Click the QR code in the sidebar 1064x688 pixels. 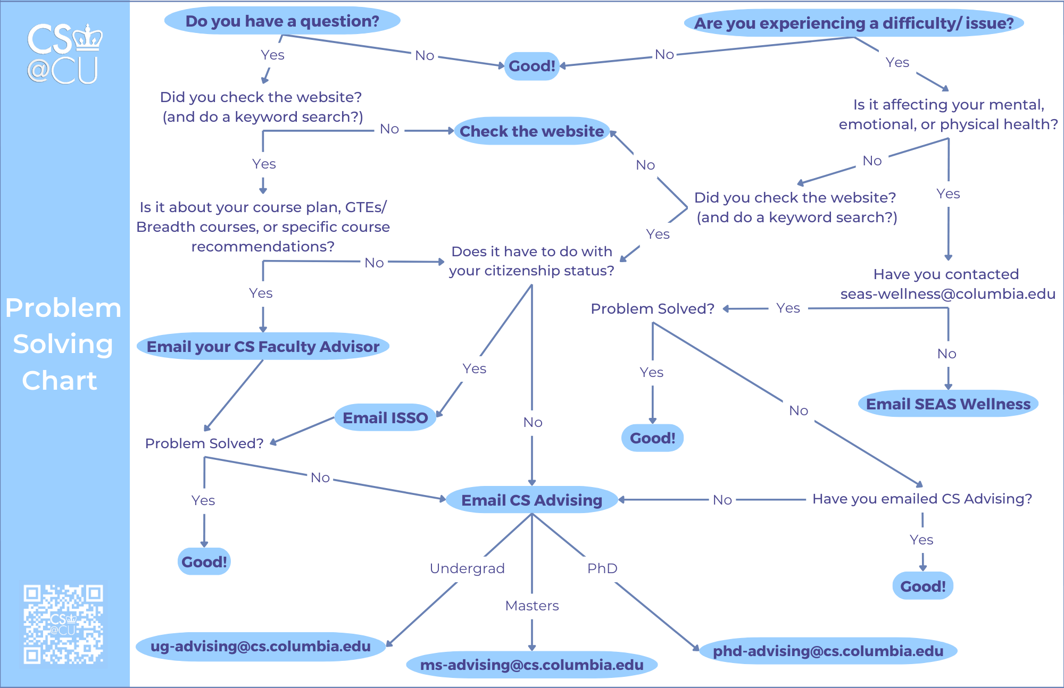click(x=63, y=624)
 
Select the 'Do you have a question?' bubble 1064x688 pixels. click(x=282, y=21)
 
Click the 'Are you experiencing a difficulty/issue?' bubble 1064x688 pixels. click(x=854, y=23)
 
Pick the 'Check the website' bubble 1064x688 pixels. click(x=531, y=131)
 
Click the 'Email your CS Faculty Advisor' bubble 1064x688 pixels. click(x=263, y=347)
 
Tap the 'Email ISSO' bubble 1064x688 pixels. click(x=385, y=418)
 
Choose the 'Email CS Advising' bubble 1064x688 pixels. click(x=531, y=500)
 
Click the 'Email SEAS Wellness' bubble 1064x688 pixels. click(x=948, y=404)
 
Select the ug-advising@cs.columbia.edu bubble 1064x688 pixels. click(x=261, y=647)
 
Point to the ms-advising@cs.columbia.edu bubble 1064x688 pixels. click(x=531, y=665)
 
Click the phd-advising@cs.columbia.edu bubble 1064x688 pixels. click(x=828, y=651)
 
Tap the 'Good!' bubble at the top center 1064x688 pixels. click(x=531, y=66)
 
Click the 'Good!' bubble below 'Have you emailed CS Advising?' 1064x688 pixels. click(x=922, y=586)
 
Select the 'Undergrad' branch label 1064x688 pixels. click(x=467, y=568)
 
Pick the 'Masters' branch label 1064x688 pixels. click(x=531, y=606)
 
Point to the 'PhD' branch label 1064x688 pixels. click(x=602, y=568)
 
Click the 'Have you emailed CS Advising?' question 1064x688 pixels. click(x=922, y=499)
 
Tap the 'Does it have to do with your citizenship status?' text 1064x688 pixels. click(x=531, y=261)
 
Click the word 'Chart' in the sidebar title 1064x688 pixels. click(x=60, y=381)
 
